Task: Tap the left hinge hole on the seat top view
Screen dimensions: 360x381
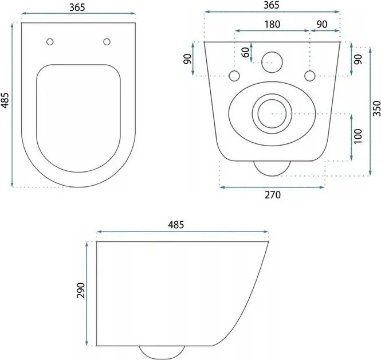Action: click(50, 41)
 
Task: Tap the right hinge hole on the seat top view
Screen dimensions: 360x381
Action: click(107, 41)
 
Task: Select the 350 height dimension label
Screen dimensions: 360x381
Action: click(376, 107)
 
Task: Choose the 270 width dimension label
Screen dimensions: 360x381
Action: click(272, 195)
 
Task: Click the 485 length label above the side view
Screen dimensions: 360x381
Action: click(176, 225)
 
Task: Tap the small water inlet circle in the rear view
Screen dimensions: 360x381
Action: click(272, 61)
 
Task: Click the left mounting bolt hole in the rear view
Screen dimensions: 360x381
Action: click(234, 76)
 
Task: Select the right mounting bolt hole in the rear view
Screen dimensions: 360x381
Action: click(310, 76)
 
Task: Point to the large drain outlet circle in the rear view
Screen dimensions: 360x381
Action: click(272, 114)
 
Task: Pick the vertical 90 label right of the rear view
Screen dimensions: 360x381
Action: click(359, 60)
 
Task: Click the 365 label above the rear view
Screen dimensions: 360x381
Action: click(272, 5)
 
